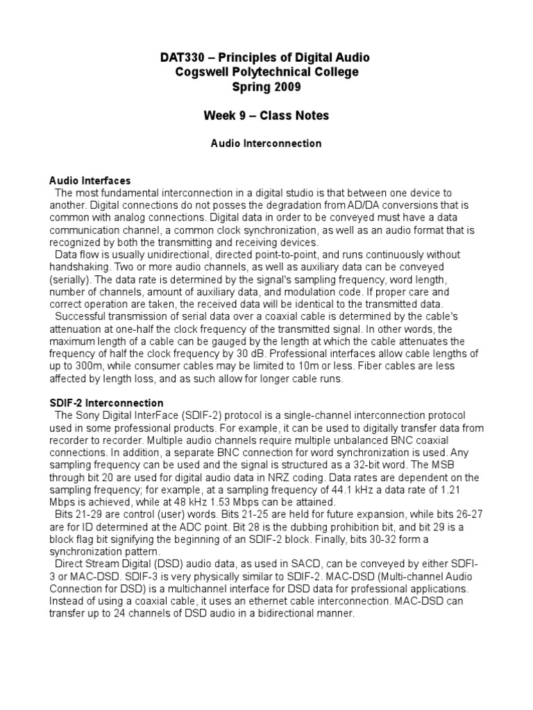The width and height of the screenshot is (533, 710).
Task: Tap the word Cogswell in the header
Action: [203, 71]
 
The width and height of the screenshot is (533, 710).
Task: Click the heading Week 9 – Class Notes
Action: [266, 115]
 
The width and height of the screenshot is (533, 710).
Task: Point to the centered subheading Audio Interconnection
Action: [266, 144]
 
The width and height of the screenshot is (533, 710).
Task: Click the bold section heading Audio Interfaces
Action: [90, 181]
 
